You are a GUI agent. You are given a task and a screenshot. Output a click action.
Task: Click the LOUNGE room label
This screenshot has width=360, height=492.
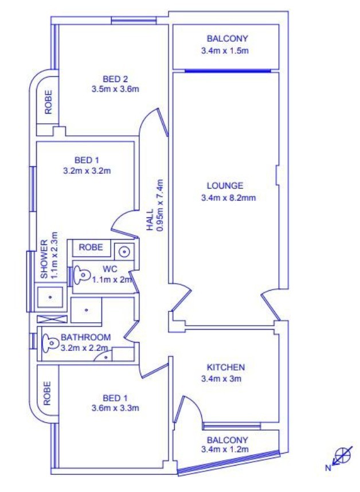(225, 186)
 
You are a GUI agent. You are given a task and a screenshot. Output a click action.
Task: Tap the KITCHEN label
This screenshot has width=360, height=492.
(226, 367)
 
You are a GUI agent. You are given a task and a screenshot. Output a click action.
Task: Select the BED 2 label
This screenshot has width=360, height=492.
(115, 79)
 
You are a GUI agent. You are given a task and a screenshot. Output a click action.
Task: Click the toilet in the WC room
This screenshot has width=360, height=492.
(80, 275)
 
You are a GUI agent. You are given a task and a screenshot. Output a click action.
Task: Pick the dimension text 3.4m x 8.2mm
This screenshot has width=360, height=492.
(228, 198)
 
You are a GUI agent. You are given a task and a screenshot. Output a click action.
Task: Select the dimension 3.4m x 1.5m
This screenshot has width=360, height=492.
(225, 50)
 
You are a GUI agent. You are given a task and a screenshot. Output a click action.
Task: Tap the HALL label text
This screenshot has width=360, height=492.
(151, 220)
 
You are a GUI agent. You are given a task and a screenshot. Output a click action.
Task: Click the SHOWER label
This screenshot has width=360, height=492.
(45, 259)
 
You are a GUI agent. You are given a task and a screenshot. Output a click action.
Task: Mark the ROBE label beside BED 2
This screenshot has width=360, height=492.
(48, 102)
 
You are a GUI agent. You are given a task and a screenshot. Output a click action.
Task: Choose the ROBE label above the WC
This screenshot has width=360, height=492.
(91, 247)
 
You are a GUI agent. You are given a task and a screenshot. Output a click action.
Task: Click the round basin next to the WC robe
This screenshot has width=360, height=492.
(124, 252)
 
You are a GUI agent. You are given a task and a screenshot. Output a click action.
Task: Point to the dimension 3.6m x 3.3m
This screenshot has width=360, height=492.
(115, 408)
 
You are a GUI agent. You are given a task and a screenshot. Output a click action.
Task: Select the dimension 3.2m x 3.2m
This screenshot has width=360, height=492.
(87, 171)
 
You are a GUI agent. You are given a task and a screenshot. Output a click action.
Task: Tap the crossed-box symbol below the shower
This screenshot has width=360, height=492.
(52, 319)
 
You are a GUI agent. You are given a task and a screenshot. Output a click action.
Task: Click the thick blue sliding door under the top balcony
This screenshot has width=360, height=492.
(228, 71)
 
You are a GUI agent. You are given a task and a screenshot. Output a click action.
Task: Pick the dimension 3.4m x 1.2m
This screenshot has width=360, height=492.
(225, 450)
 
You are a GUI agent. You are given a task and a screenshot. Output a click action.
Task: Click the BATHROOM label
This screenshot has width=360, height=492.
(85, 338)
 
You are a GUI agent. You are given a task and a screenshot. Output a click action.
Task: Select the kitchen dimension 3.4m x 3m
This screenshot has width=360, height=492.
(221, 378)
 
